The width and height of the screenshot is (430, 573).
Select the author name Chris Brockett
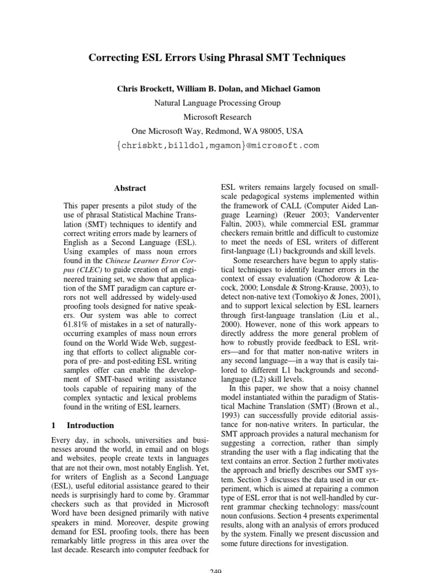tap(144, 89)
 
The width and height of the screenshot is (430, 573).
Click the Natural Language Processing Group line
tap(217, 103)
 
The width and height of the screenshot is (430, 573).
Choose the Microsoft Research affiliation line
tap(217, 117)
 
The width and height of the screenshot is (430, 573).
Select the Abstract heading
tap(130, 189)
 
